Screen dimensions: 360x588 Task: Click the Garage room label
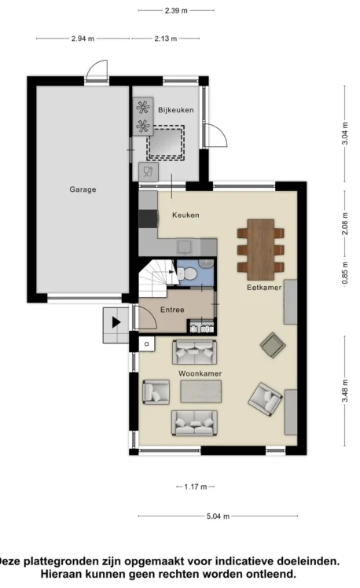coord(83,189)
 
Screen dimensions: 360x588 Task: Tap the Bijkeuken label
coord(176,110)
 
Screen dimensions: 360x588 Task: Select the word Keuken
coord(186,215)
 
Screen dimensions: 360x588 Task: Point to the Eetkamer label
coord(264,287)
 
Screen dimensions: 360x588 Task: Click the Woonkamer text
coord(200,373)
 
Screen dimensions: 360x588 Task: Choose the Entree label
coord(172,310)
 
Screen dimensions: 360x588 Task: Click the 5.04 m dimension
coord(218,516)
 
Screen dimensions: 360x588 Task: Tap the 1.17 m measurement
coord(196,487)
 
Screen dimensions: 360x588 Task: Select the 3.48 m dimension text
coord(344,391)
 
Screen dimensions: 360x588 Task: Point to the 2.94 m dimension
coord(83,39)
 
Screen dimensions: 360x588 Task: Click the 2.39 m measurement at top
coord(176,10)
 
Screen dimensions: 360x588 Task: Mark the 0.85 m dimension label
coord(344,273)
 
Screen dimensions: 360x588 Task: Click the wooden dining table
coord(261,250)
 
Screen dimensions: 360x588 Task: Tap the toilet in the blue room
coord(187,274)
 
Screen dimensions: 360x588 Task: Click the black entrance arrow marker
coord(116,322)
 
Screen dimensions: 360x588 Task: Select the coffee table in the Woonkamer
coord(201,391)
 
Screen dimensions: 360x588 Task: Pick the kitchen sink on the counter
coord(185,247)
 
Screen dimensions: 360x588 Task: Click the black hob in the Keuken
coord(148,219)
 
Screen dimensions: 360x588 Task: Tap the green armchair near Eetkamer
coord(273,345)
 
